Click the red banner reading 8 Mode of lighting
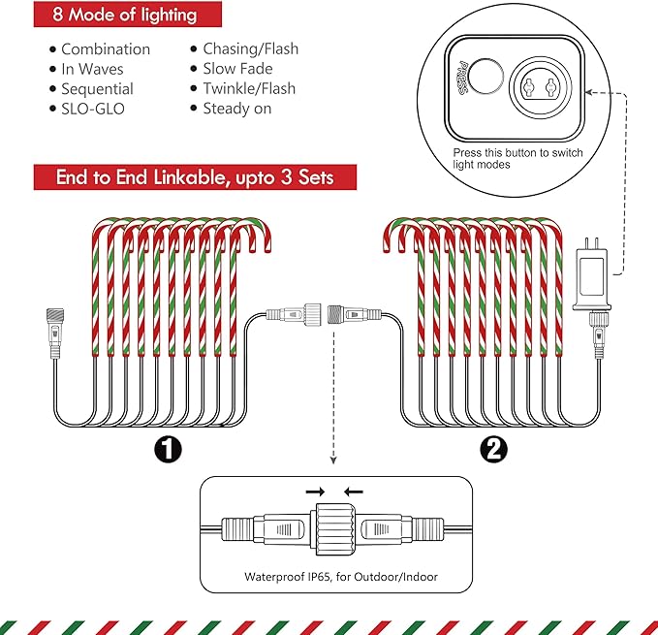coord(127,15)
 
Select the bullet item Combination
coord(105,48)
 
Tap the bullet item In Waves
coord(92,69)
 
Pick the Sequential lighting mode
coord(97,89)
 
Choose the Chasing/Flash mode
coord(250,48)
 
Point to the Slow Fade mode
coord(237,69)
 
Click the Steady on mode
coord(236,109)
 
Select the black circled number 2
coord(492,450)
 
